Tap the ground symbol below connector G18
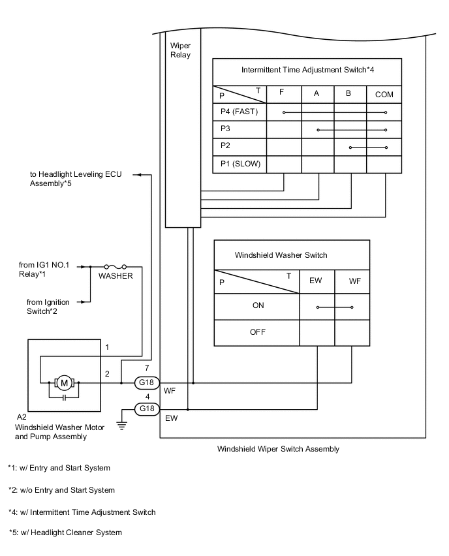pyautogui.click(x=121, y=425)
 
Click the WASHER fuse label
pyautogui.click(x=116, y=276)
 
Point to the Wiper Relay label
pyautogui.click(x=180, y=50)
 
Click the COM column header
pyautogui.click(x=384, y=94)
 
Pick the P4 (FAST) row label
pyautogui.click(x=240, y=112)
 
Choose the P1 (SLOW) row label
pyautogui.click(x=240, y=164)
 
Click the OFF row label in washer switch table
pyautogui.click(x=258, y=332)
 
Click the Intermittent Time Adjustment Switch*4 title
pyautogui.click(x=307, y=69)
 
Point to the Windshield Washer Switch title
pyautogui.click(x=281, y=255)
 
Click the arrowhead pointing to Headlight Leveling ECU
pyautogui.click(x=138, y=175)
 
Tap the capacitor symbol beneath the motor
pyautogui.click(x=64, y=397)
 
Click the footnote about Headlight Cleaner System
pyautogui.click(x=65, y=533)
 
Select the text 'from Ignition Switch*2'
pyautogui.click(x=48, y=306)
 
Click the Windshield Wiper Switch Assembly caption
pyautogui.click(x=278, y=449)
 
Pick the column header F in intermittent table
pyautogui.click(x=281, y=92)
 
